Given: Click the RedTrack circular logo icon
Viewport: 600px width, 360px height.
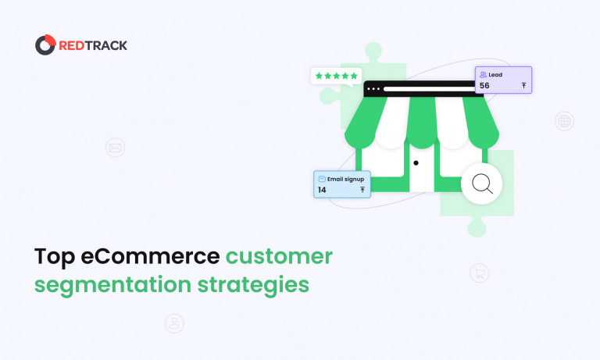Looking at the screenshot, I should [45, 45].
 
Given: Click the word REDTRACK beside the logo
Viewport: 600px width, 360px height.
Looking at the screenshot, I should [93, 45].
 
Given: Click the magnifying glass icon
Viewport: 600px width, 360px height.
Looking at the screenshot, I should [481, 184].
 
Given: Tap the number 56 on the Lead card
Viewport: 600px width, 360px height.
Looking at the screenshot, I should [484, 86].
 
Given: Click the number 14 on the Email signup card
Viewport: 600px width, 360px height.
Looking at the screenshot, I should [322, 190].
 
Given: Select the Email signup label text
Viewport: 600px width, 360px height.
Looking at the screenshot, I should [346, 179].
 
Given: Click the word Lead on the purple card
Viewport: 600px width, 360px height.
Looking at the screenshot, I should [495, 75].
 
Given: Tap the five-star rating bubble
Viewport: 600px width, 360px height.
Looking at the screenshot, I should [336, 77].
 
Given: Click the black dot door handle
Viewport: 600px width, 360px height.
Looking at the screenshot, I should [416, 163].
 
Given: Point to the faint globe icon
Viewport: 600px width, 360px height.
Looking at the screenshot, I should [564, 121].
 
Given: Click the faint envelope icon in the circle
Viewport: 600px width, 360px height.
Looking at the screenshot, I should [115, 147].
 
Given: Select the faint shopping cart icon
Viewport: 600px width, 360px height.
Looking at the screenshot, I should [479, 273].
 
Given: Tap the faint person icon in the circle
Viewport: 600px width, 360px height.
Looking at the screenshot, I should [173, 323].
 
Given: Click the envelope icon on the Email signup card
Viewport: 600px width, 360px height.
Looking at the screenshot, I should [322, 179].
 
